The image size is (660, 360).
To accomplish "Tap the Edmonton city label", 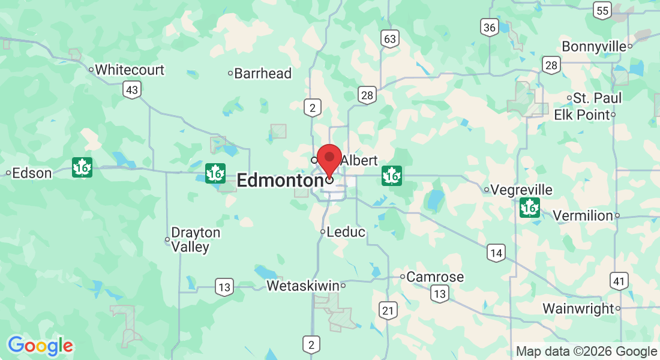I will tap(280, 180).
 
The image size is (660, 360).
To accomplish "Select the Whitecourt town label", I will tap(130, 70).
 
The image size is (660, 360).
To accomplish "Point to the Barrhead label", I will tap(263, 74).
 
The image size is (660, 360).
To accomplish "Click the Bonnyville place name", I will tap(594, 46).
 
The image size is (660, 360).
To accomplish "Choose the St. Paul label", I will tap(597, 98).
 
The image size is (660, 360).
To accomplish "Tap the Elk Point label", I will tap(581, 115).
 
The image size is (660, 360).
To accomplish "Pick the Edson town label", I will tap(32, 173).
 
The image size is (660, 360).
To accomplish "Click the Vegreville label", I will tap(521, 190).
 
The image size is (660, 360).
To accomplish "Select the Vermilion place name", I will tap(582, 215).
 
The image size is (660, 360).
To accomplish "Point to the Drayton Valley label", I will tap(195, 239).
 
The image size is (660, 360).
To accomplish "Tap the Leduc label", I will tap(346, 232).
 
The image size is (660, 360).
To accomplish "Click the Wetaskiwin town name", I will tap(302, 286).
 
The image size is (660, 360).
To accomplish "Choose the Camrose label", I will tap(435, 277).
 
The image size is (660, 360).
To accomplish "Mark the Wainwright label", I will tap(578, 308).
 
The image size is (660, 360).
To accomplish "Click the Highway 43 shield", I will tap(133, 91).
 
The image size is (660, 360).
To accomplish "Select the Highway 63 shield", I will tap(389, 40).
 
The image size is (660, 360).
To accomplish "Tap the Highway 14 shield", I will tap(496, 253).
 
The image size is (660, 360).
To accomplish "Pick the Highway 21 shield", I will tap(388, 310).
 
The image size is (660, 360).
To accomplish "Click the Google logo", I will tap(40, 346).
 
